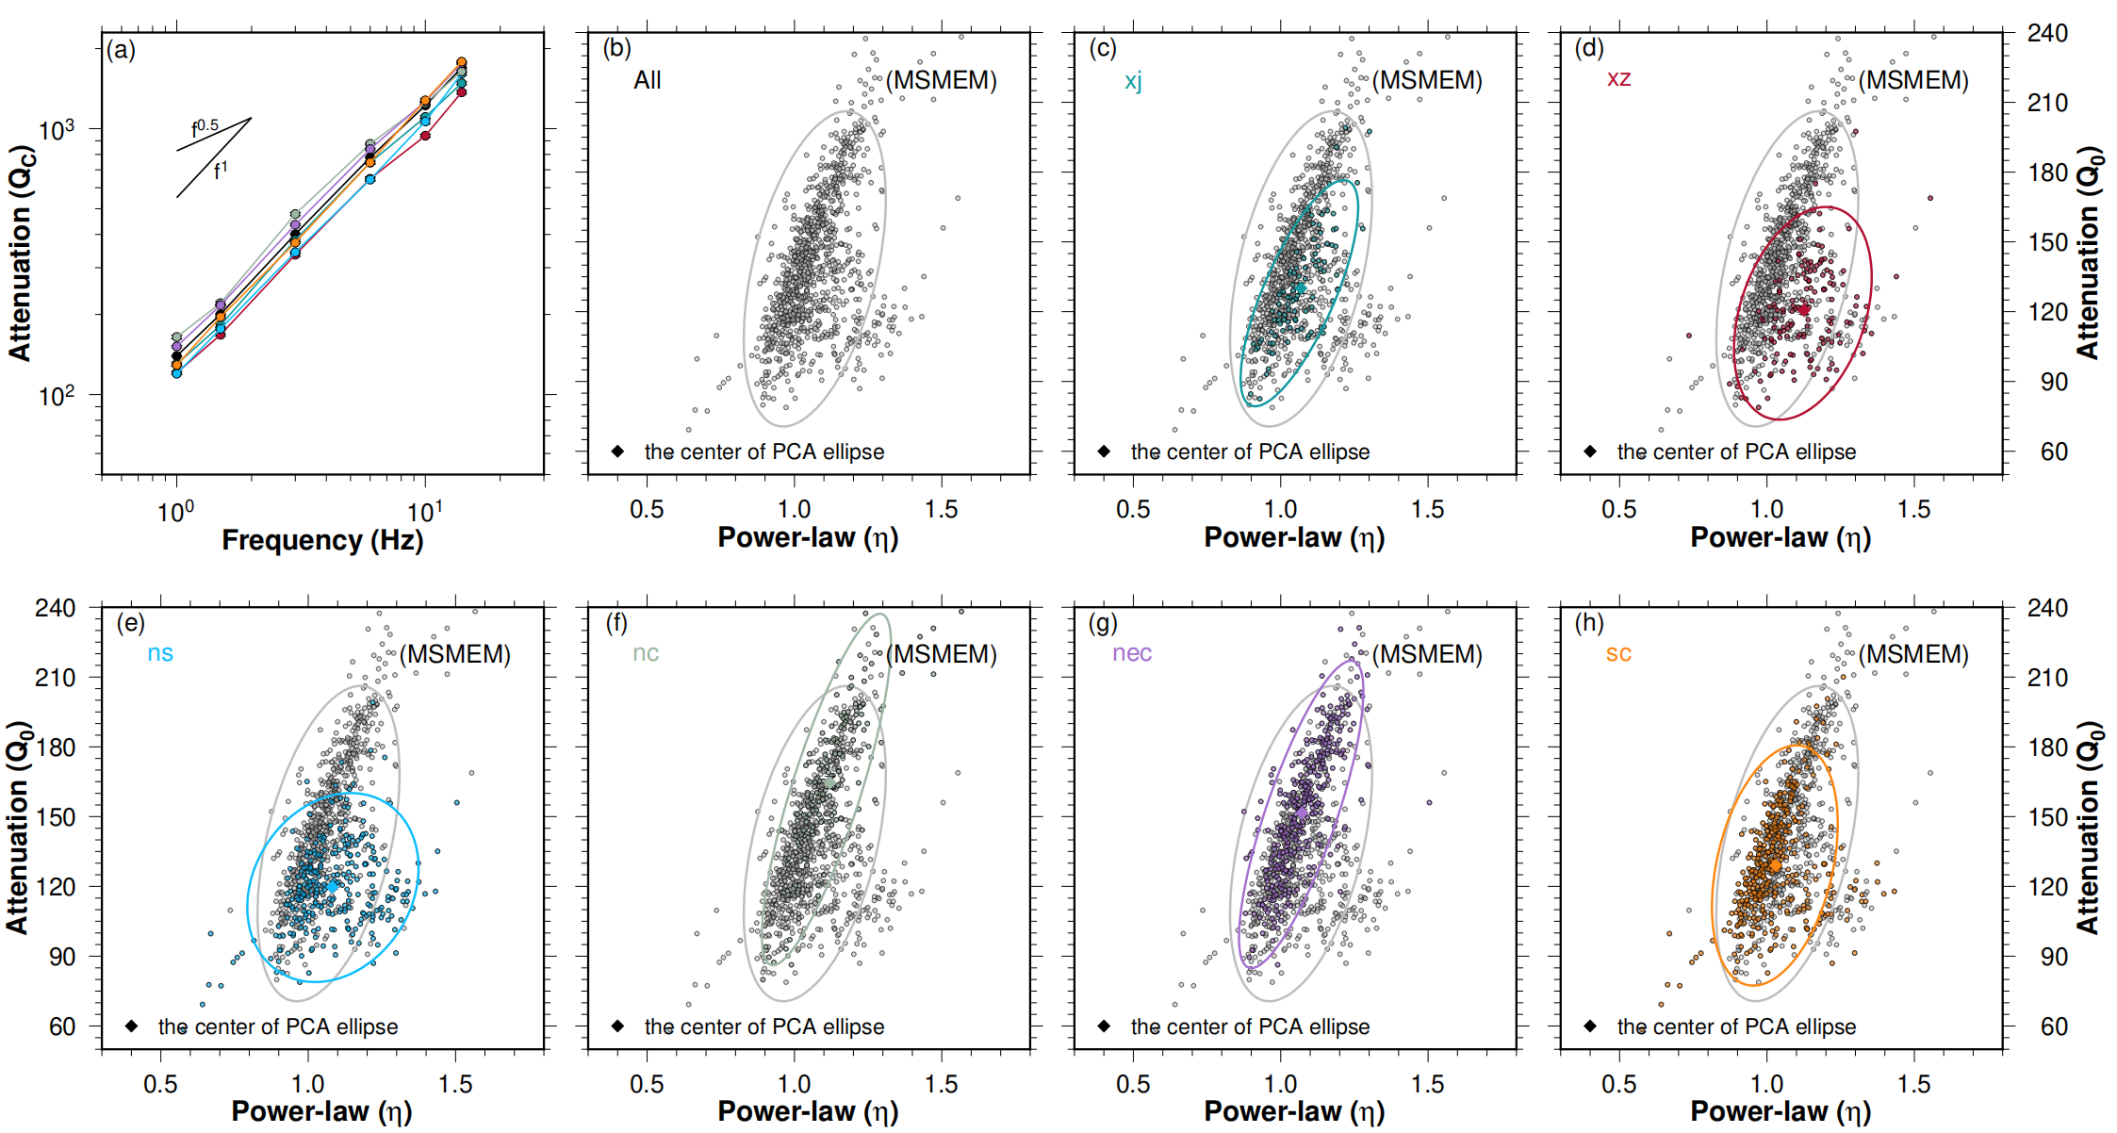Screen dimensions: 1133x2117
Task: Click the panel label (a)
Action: (x=121, y=50)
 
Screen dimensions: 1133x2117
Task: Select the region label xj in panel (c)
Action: (x=1133, y=81)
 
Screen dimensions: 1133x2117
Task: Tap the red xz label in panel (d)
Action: (x=1618, y=78)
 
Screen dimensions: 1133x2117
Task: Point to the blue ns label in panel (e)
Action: (x=160, y=653)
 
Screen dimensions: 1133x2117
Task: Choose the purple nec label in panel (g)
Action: (x=1131, y=653)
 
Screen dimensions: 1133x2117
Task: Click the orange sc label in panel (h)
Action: (x=1618, y=653)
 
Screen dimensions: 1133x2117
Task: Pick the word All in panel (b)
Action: (x=647, y=80)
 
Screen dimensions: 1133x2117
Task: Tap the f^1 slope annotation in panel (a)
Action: (x=221, y=171)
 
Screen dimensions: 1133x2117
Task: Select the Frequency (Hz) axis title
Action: (x=322, y=540)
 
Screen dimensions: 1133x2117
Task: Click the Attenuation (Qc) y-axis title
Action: (x=21, y=253)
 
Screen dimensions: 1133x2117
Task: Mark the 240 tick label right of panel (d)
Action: (x=2046, y=34)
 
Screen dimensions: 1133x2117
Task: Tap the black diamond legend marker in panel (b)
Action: (x=617, y=452)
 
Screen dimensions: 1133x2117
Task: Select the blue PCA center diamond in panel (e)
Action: (x=332, y=885)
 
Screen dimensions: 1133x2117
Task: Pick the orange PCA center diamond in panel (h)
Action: (x=1775, y=865)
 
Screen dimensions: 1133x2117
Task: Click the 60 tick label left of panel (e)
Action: (x=62, y=1026)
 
